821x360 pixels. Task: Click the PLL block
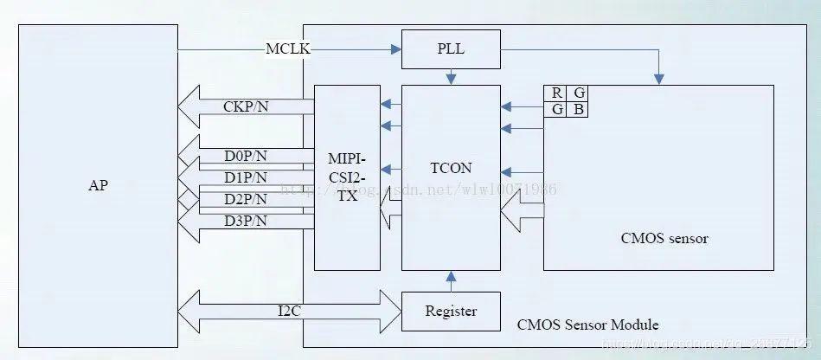451,48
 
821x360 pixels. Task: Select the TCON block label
451,169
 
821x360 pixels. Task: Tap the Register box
451,311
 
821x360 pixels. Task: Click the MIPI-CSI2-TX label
347,177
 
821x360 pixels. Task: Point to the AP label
99,186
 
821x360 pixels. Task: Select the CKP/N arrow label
246,108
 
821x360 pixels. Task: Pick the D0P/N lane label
246,157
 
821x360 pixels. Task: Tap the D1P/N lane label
246,177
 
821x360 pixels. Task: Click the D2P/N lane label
246,200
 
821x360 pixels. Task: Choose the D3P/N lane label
246,222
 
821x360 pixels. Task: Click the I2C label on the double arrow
290,311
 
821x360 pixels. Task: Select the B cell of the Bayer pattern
577,110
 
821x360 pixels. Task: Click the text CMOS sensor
664,238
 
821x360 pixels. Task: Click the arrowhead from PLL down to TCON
451,80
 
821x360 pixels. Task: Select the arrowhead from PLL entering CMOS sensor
659,80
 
